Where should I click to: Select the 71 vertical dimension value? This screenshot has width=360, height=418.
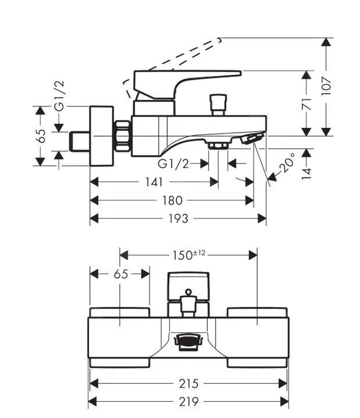pos(307,103)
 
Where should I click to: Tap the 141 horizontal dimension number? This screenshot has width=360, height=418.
pos(154,182)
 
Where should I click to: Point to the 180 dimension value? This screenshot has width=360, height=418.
pos(172,200)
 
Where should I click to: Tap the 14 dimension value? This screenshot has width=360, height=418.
pos(307,173)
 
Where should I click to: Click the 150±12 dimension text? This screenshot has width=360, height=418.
pos(189,255)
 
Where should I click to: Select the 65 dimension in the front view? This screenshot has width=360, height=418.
pos(120,274)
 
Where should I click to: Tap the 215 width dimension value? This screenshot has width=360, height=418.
pos(189,383)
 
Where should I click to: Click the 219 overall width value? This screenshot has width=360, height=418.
pos(189,401)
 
